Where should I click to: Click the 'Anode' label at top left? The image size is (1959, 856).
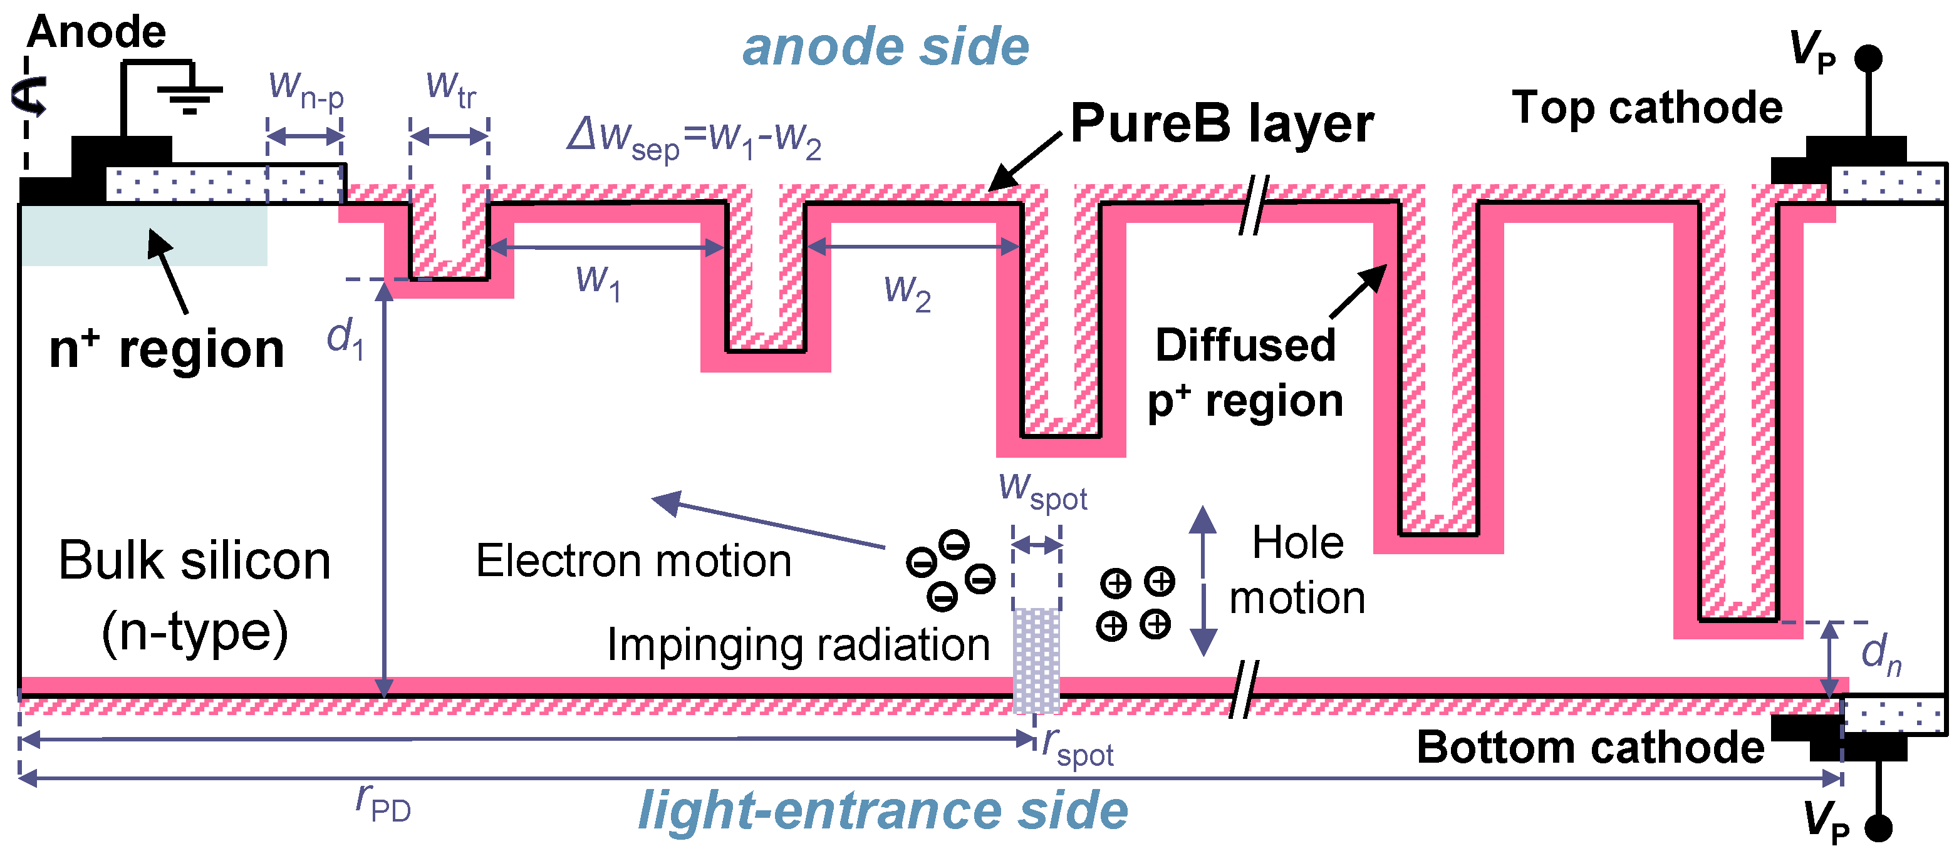(96, 32)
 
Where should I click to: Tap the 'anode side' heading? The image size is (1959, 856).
(885, 47)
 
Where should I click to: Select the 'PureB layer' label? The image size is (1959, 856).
(1222, 123)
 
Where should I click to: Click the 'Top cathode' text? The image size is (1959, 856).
(1647, 107)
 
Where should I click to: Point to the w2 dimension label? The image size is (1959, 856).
(907, 291)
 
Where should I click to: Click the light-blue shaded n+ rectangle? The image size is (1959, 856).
(145, 235)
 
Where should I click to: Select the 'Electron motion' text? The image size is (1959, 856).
(633, 561)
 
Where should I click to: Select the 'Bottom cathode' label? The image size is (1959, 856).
(1590, 747)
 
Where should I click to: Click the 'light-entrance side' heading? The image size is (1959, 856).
(883, 810)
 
